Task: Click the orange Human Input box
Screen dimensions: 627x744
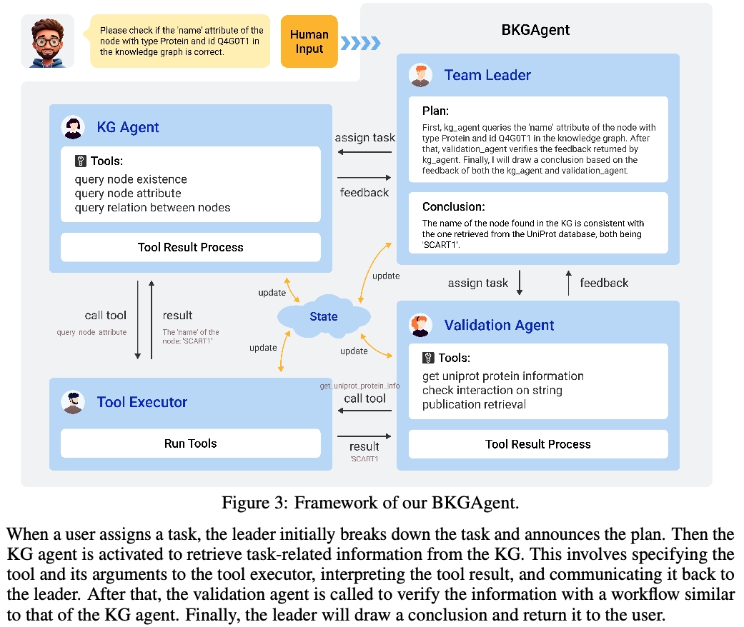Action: coord(309,41)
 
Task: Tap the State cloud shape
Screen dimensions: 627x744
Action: coord(323,316)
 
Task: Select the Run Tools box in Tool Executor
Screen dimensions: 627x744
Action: coord(190,443)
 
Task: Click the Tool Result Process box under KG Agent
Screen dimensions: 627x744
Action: coord(190,248)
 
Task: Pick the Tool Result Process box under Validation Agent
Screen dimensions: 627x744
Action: coord(537,444)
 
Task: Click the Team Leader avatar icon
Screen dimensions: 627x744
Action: coord(420,75)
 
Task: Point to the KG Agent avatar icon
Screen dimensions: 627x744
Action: coord(73,127)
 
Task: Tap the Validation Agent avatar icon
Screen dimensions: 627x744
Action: coord(420,325)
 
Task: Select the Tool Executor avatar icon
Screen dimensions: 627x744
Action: coord(73,402)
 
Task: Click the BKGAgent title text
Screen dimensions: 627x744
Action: coord(535,30)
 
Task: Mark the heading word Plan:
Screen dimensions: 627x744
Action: coord(435,111)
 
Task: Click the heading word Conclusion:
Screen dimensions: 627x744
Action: coord(453,207)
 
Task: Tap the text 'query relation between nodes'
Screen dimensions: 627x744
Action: coord(152,208)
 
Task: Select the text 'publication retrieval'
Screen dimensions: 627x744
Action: coord(474,405)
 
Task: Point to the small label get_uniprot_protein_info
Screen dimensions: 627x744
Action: coord(359,386)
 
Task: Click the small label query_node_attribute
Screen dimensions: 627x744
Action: coord(91,333)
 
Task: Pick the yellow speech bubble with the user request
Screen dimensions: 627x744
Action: coord(180,41)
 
